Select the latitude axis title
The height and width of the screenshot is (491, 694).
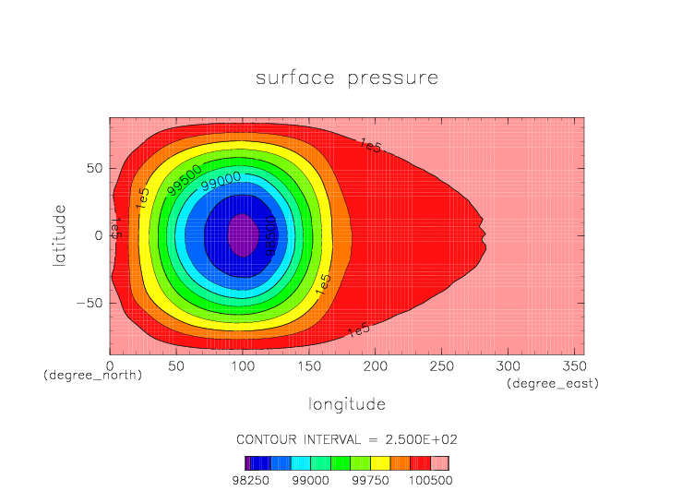coord(60,235)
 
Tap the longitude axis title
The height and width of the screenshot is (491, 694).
coord(347,404)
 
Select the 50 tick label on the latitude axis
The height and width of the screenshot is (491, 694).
coord(94,168)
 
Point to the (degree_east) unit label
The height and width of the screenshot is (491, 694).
coord(553,383)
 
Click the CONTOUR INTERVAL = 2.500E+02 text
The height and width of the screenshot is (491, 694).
coord(347,438)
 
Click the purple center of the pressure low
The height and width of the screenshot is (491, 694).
coord(242,235)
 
